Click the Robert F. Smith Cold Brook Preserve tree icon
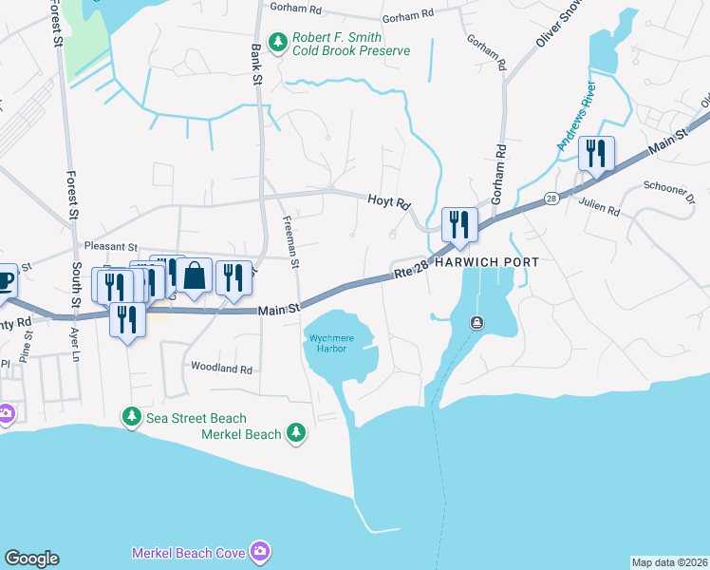(278, 41)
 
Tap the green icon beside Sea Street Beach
(131, 418)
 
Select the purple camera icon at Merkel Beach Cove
(260, 552)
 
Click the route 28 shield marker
(551, 199)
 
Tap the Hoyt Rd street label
(388, 202)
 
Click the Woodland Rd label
(222, 369)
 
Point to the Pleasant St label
(111, 245)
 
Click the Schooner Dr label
(677, 188)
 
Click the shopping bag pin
(194, 276)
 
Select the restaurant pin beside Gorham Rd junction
(459, 225)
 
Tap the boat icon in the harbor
(476, 323)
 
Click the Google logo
(31, 559)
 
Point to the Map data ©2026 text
(669, 562)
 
